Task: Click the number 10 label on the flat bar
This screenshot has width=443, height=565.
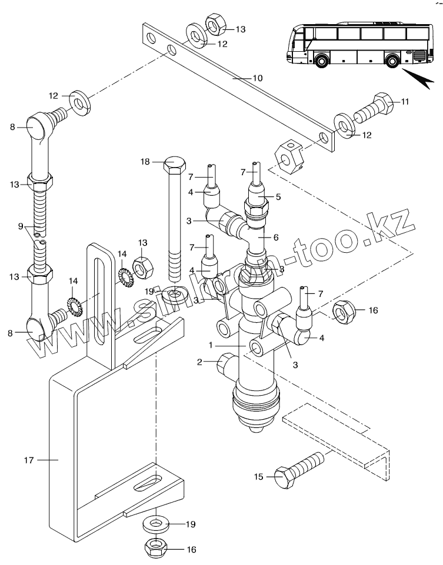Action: point(258,78)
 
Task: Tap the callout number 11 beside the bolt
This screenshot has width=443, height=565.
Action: point(405,102)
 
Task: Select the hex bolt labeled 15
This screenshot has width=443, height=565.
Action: point(299,469)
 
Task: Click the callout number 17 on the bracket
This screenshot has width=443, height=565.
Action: point(29,460)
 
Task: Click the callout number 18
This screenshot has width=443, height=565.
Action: point(145,162)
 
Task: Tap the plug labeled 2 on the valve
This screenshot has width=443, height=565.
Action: point(225,364)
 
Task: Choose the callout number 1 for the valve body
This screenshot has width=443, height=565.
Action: point(211,345)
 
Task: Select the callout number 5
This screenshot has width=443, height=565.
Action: point(278,197)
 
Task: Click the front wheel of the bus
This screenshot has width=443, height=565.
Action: point(321,59)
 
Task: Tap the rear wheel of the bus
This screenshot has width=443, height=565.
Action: point(392,60)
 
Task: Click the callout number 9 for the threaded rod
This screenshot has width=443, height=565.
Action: point(21,227)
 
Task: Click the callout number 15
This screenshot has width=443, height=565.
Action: point(259,477)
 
